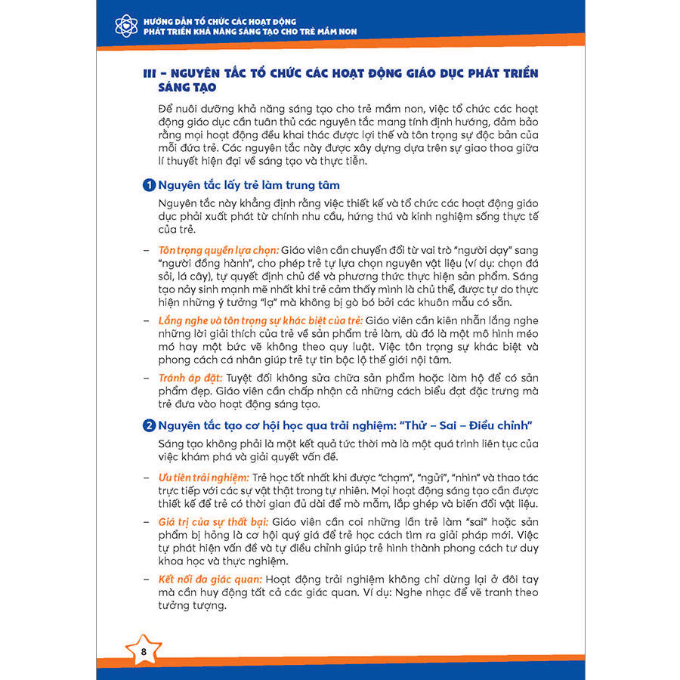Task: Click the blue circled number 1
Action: [150, 185]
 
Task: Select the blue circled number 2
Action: [150, 425]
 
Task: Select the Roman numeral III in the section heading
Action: [150, 74]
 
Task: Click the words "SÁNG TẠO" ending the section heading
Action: [174, 88]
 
